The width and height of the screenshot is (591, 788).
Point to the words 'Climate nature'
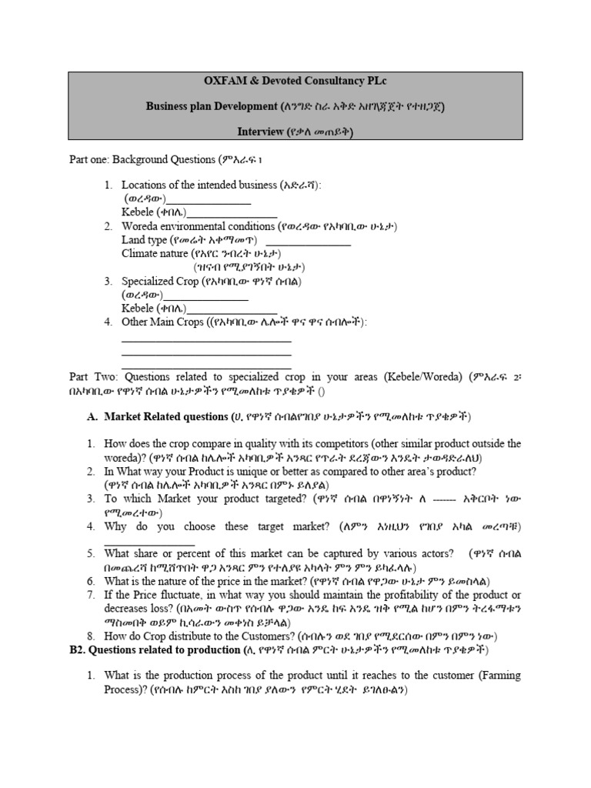[x=155, y=253]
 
